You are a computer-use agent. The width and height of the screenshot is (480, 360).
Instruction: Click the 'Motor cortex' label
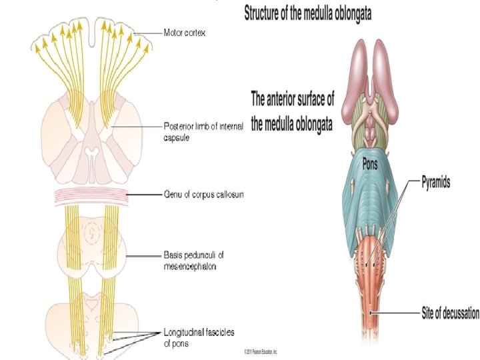pyautogui.click(x=185, y=32)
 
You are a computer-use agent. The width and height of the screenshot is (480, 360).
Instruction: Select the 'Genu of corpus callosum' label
pyautogui.click(x=203, y=194)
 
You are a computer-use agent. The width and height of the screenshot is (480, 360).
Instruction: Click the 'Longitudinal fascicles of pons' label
pyautogui.click(x=199, y=337)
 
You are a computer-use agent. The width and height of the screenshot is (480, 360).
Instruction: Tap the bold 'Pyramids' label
pyautogui.click(x=435, y=181)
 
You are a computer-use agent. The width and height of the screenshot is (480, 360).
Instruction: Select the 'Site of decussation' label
pyautogui.click(x=450, y=311)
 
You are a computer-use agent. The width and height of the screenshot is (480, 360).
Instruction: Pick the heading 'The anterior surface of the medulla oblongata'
pyautogui.click(x=292, y=112)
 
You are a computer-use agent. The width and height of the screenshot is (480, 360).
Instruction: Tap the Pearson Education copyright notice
pyautogui.click(x=260, y=351)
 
